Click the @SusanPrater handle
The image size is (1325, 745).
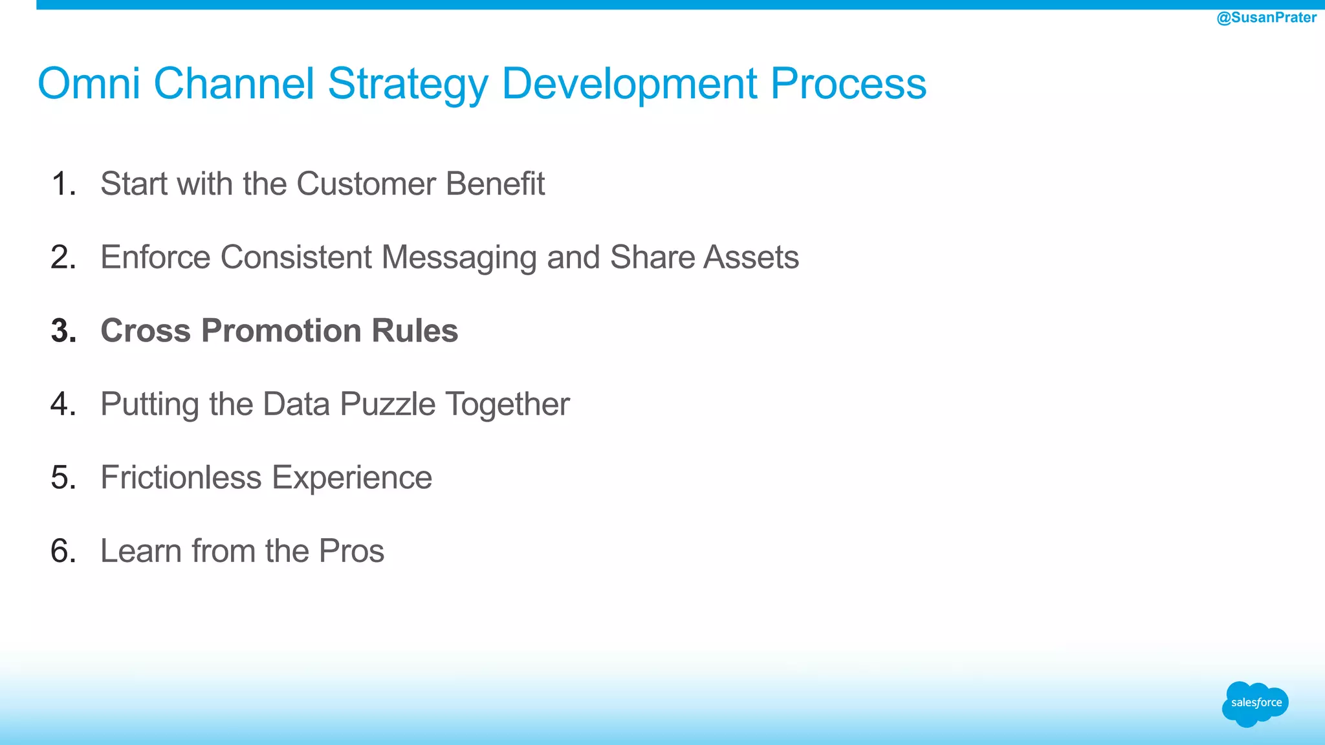[1266, 17]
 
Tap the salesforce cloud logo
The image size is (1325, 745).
[1255, 704]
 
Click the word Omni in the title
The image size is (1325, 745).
[89, 83]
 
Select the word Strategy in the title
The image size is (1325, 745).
[408, 85]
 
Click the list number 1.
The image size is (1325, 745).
[63, 184]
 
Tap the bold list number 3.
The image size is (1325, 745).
[63, 330]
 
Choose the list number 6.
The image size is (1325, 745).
[63, 551]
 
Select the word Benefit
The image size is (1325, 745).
[495, 184]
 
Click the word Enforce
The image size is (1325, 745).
[155, 257]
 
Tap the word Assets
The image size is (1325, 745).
[751, 257]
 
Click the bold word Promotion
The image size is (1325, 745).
[281, 330]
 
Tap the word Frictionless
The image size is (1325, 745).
[181, 478]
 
